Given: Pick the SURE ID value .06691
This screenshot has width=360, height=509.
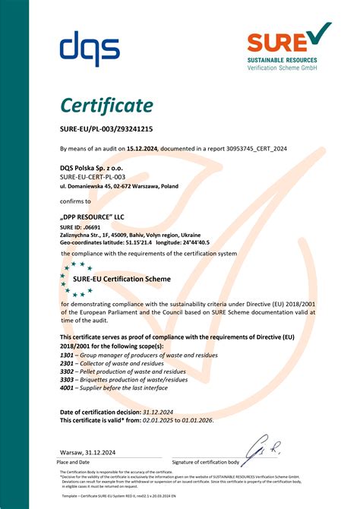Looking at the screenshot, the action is (91, 227).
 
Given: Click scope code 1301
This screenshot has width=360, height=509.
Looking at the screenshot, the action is (67, 354).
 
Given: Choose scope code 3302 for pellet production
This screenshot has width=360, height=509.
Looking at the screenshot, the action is (67, 371).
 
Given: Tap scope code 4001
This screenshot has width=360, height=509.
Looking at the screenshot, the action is (67, 387).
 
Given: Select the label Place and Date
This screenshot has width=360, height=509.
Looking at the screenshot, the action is (74, 461).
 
